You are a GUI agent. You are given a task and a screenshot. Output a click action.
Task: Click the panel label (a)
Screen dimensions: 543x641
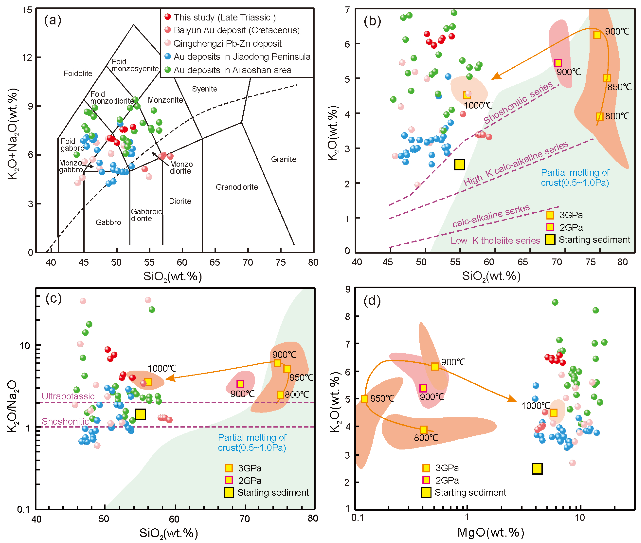click(53, 20)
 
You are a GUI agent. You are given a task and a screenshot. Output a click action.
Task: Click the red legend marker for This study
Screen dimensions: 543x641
click(168, 17)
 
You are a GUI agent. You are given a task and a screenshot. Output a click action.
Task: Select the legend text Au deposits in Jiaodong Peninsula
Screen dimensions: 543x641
click(242, 57)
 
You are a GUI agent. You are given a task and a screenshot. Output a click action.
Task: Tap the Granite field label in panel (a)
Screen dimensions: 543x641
click(283, 159)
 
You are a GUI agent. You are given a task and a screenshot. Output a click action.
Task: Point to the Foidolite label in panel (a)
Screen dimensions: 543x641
click(78, 73)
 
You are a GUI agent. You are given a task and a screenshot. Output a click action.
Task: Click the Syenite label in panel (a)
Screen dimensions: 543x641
click(205, 89)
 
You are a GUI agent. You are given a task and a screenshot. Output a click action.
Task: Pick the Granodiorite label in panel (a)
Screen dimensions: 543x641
click(237, 187)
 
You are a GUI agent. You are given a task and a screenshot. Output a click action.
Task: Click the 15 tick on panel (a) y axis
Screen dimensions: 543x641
click(27, 10)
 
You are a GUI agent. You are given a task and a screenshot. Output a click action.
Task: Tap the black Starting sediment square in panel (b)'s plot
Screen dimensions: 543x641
click(459, 165)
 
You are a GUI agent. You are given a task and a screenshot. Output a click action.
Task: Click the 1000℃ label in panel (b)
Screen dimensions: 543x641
click(478, 105)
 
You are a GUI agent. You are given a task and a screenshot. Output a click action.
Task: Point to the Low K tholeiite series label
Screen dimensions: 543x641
click(495, 240)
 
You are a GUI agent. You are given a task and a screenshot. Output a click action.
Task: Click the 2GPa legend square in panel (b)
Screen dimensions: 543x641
click(550, 227)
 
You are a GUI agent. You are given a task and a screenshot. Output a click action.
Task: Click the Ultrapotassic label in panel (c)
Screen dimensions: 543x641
click(68, 396)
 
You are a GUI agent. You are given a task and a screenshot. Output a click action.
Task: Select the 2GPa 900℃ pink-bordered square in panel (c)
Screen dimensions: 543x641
click(240, 384)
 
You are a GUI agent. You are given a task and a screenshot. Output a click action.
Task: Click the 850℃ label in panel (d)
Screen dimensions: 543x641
click(382, 399)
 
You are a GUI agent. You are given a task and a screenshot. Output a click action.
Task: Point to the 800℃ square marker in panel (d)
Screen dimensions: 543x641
click(423, 429)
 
